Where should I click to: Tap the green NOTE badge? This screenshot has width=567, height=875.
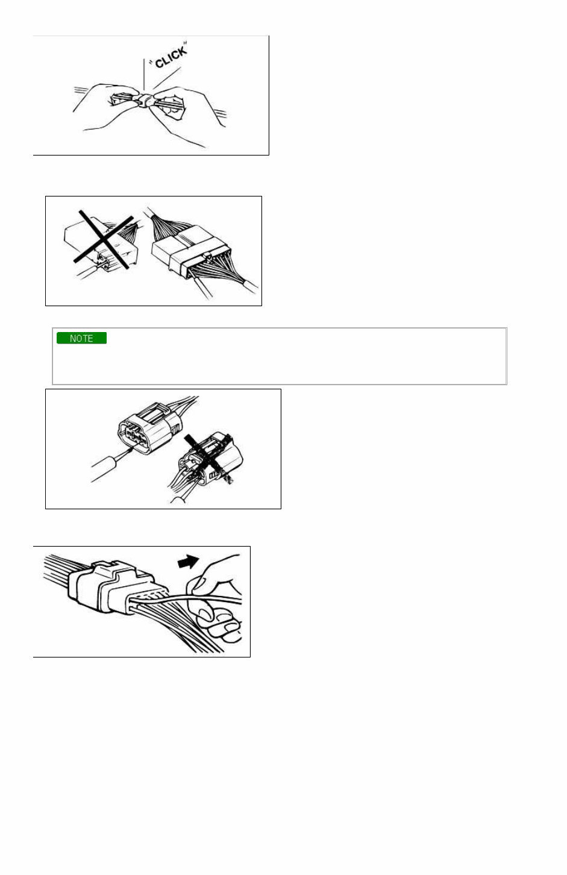[81, 338]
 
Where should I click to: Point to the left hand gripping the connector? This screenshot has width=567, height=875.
[102, 105]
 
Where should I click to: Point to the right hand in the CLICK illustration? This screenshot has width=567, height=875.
[187, 111]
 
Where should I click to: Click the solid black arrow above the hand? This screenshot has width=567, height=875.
[188, 562]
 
